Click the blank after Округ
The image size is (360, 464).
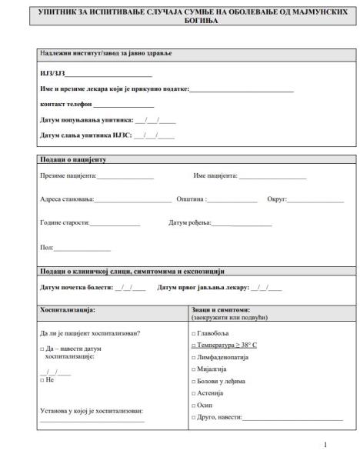[315, 200]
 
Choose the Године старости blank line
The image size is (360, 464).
[115, 224]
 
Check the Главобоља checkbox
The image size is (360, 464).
[193, 333]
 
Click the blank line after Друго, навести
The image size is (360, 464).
[292, 417]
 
